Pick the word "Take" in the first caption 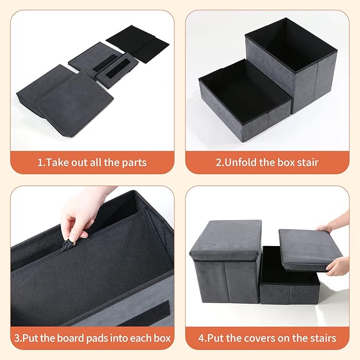57,162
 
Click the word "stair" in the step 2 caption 306,162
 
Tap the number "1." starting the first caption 40,162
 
